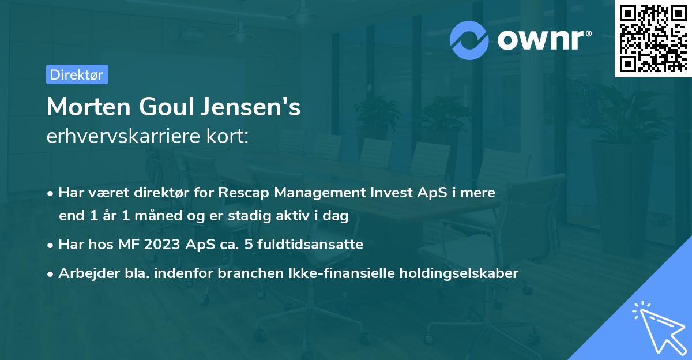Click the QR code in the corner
[x=652, y=39]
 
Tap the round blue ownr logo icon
[x=469, y=39]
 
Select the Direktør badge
[x=77, y=74]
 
